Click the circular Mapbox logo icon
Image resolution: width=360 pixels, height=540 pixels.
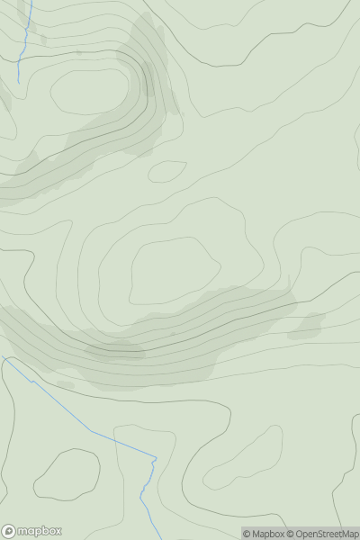[x=9, y=531]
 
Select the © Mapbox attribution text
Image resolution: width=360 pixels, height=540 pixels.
[x=263, y=534]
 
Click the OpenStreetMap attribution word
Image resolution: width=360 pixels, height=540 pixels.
[x=327, y=534]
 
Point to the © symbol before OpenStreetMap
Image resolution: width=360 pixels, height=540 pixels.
[x=291, y=534]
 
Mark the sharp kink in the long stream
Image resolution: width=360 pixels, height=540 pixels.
[x=154, y=461]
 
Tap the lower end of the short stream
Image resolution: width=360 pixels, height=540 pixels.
[x=19, y=83]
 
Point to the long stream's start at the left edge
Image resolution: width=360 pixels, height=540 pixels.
[x=4, y=358]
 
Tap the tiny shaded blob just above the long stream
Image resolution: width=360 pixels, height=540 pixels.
[x=65, y=384]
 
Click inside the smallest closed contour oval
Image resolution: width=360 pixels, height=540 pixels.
[x=166, y=171]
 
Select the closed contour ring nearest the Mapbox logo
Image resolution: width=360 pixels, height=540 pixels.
[x=67, y=474]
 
